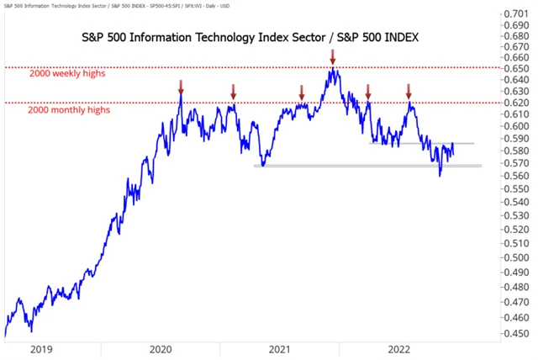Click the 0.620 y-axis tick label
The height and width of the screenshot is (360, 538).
click(x=515, y=102)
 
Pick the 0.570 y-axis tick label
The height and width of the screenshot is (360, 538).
click(x=515, y=163)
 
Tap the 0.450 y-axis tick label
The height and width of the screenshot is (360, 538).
click(x=515, y=333)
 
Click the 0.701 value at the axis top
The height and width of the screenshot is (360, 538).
click(x=515, y=14)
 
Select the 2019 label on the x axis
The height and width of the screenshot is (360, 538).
click(x=40, y=347)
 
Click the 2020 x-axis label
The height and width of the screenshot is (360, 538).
click(x=160, y=347)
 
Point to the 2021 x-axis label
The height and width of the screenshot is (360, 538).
click(x=280, y=347)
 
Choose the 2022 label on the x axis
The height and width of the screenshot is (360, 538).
click(x=400, y=347)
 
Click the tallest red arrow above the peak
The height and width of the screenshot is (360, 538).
click(x=333, y=57)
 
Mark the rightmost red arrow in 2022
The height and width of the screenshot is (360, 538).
click(x=409, y=90)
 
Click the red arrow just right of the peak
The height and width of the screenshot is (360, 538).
click(x=367, y=90)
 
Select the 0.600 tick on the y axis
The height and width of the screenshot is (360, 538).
click(x=515, y=126)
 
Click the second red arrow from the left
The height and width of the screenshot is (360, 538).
click(x=234, y=90)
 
